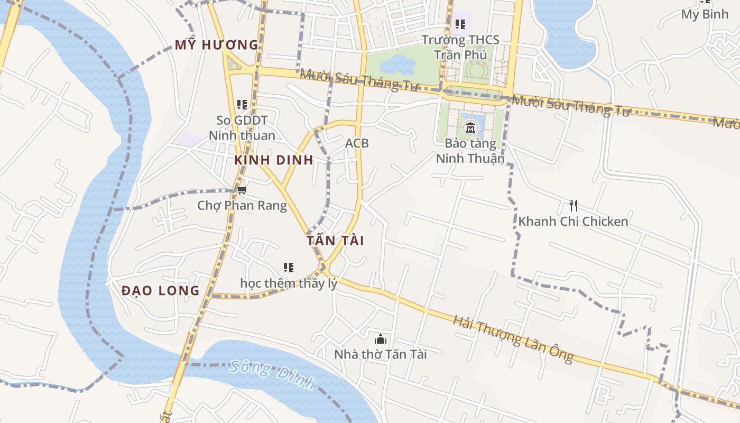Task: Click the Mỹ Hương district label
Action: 217,45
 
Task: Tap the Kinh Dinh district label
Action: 274,160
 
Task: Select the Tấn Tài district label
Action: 335,241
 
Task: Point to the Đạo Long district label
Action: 160,290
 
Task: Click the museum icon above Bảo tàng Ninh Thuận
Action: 470,127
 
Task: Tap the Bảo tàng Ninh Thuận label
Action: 470,151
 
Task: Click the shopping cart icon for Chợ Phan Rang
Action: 242,190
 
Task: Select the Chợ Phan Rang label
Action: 242,205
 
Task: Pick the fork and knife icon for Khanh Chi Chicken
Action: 573,205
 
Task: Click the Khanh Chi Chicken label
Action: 573,221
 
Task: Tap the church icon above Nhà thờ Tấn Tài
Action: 380,339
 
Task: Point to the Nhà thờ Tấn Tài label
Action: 380,354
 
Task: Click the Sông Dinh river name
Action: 273,375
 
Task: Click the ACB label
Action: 357,143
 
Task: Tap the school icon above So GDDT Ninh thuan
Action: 242,105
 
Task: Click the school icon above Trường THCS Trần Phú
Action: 460,24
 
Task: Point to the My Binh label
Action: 705,14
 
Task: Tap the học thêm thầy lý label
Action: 289,283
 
